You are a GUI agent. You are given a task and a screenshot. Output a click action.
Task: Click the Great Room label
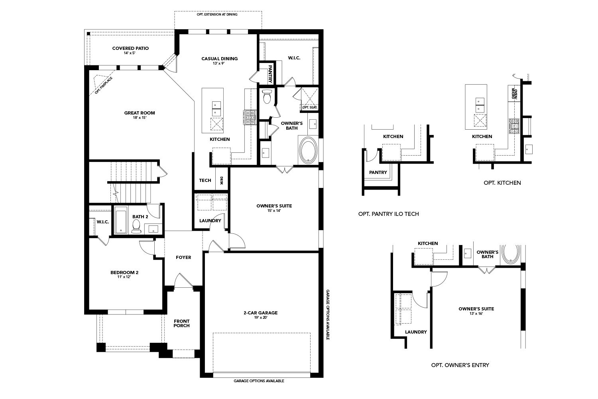click(139, 115)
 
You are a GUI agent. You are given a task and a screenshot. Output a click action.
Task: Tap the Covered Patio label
click(130, 50)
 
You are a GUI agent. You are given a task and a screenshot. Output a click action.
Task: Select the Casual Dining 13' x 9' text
click(219, 61)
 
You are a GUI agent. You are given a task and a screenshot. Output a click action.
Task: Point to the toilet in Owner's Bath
click(267, 96)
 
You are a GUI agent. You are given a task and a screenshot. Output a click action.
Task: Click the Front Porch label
click(181, 323)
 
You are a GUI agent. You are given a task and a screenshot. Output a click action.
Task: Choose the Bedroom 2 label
click(124, 275)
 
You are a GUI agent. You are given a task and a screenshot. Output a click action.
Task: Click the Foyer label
click(183, 257)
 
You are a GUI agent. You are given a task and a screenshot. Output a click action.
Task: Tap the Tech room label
click(205, 180)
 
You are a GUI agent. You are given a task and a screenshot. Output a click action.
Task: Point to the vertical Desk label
click(222, 181)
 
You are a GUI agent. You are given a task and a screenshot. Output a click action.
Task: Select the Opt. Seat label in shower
click(309, 107)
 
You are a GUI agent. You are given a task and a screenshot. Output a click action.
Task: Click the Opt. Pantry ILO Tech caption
click(388, 214)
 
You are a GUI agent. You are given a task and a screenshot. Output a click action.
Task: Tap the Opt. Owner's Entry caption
click(460, 365)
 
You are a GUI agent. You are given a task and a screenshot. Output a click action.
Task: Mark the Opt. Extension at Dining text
click(217, 14)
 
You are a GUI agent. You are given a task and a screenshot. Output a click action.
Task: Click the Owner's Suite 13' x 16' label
click(476, 311)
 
